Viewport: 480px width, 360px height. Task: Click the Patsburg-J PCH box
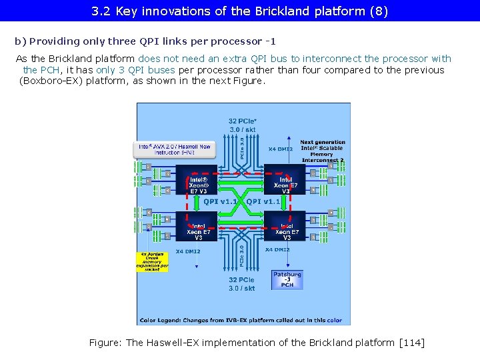[x=287, y=279]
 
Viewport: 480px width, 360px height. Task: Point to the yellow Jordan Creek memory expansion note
[x=153, y=261]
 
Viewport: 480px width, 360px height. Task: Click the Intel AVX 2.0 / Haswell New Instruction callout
[x=175, y=149]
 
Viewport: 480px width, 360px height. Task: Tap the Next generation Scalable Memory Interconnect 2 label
[x=323, y=151]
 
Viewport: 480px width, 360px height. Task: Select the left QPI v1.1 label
[x=220, y=201]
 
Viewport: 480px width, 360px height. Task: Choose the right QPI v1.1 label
[x=263, y=201]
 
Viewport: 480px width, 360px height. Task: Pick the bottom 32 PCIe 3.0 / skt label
[x=241, y=284]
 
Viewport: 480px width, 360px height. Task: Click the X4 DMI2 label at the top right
[x=281, y=149]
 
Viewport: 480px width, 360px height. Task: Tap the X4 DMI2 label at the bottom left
[x=188, y=251]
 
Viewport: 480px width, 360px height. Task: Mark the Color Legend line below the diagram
[x=241, y=320]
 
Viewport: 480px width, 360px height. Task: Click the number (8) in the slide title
[x=379, y=11]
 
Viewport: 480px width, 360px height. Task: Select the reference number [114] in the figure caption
[x=411, y=343]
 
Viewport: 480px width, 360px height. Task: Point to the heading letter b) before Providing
[x=20, y=41]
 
